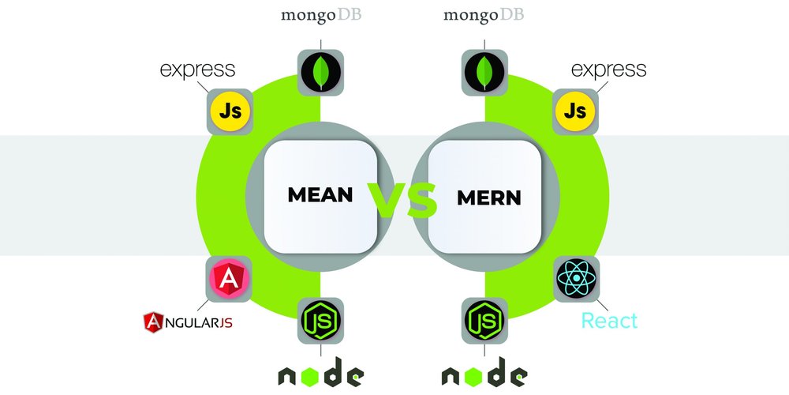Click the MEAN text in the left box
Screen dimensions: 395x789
320,195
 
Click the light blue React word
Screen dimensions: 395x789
608,321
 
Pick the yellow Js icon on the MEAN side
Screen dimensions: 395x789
230,111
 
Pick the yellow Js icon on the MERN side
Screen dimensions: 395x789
575,111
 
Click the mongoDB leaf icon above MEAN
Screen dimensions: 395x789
320,74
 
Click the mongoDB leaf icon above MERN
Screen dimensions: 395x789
484,74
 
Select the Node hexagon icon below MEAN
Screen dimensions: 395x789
320,321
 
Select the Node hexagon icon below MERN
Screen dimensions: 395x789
484,321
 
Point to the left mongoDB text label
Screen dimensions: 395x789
320,15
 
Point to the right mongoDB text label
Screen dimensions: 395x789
483,15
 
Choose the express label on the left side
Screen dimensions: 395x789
197,70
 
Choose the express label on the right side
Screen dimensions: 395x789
608,70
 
